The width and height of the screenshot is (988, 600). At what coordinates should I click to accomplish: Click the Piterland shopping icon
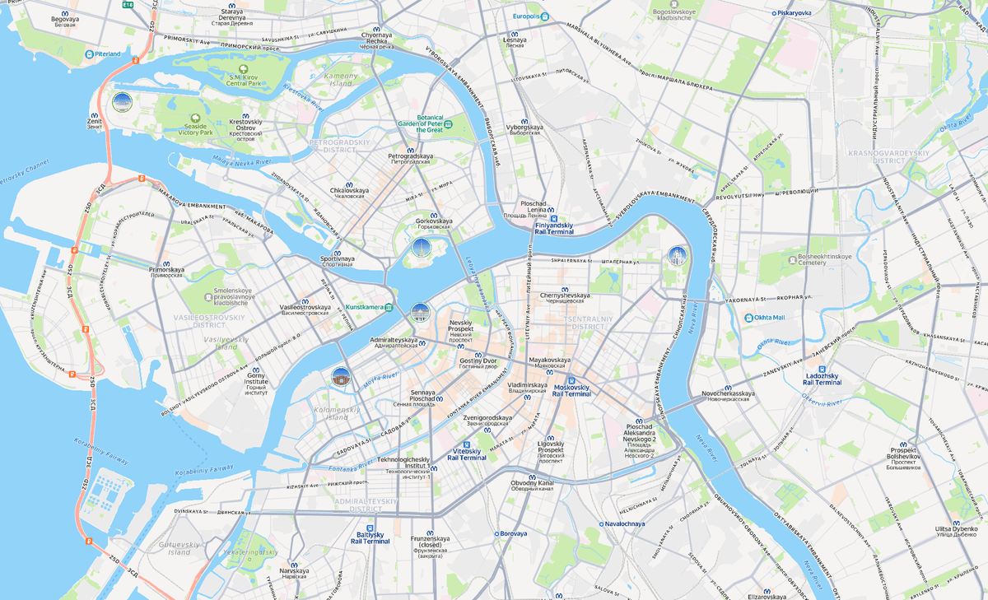click(89, 54)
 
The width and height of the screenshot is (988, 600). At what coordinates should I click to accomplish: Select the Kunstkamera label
click(366, 307)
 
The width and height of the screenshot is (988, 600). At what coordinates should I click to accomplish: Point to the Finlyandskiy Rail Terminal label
click(553, 228)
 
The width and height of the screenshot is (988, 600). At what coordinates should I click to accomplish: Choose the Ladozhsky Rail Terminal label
click(822, 379)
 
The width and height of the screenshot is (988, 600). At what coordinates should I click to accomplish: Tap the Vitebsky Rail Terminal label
click(467, 453)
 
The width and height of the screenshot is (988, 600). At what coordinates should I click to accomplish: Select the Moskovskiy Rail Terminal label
click(571, 390)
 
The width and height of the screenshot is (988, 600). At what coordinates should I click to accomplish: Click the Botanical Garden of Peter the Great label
click(430, 123)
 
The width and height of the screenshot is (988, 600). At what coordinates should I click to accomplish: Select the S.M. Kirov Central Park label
click(244, 79)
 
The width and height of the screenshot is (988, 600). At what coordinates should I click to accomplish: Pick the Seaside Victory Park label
click(195, 128)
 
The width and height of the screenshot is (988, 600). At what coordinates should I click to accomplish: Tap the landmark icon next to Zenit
click(122, 103)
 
